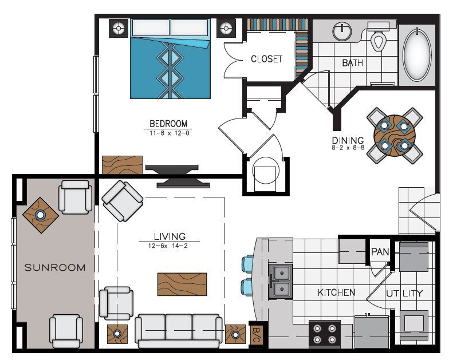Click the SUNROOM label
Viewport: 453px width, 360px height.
(54, 267)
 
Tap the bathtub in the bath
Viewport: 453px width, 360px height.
(416, 54)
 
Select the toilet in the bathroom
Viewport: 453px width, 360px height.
(379, 39)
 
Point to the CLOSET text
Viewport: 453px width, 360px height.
(266, 59)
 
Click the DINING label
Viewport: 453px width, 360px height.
(348, 140)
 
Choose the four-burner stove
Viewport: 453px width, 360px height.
(324, 334)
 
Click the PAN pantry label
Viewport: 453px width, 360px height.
(380, 251)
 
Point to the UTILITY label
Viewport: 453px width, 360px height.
(404, 294)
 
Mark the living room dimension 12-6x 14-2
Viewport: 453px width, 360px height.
(169, 245)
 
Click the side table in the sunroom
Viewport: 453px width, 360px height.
(40, 215)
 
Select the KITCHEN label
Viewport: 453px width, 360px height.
(336, 292)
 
